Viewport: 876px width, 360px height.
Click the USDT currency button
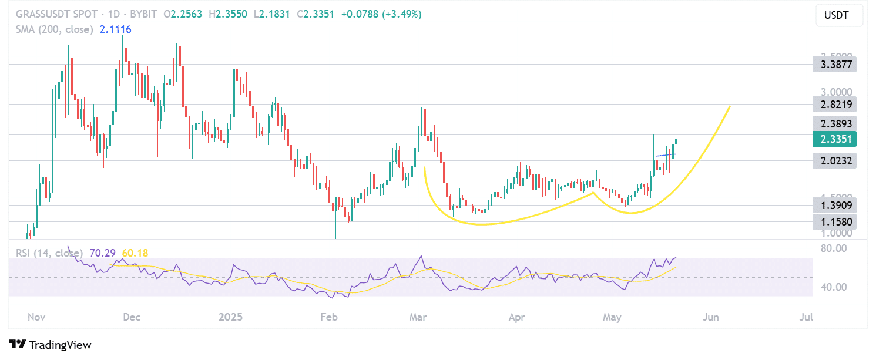click(x=839, y=15)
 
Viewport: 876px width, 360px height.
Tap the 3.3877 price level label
click(x=834, y=64)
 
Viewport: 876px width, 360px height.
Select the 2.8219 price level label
click(x=834, y=105)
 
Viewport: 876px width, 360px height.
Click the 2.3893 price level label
click(x=834, y=123)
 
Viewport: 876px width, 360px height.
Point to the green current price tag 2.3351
click(x=834, y=139)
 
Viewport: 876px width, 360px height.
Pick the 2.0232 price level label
click(x=834, y=160)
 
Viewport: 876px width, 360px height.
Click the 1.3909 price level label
click(x=834, y=205)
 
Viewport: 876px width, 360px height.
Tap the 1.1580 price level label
click(x=834, y=222)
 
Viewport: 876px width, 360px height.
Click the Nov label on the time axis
click(x=36, y=318)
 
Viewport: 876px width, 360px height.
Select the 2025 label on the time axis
click(x=230, y=318)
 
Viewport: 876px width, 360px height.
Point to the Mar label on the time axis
click(x=418, y=318)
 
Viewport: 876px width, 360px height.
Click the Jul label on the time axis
click(x=806, y=318)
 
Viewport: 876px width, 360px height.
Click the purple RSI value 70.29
click(x=102, y=253)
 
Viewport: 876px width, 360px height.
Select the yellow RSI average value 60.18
click(x=135, y=253)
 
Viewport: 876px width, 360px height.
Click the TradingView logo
click(x=51, y=345)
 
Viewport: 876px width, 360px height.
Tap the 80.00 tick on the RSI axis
click(x=833, y=248)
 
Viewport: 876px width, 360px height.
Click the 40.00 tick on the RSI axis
click(x=833, y=287)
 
